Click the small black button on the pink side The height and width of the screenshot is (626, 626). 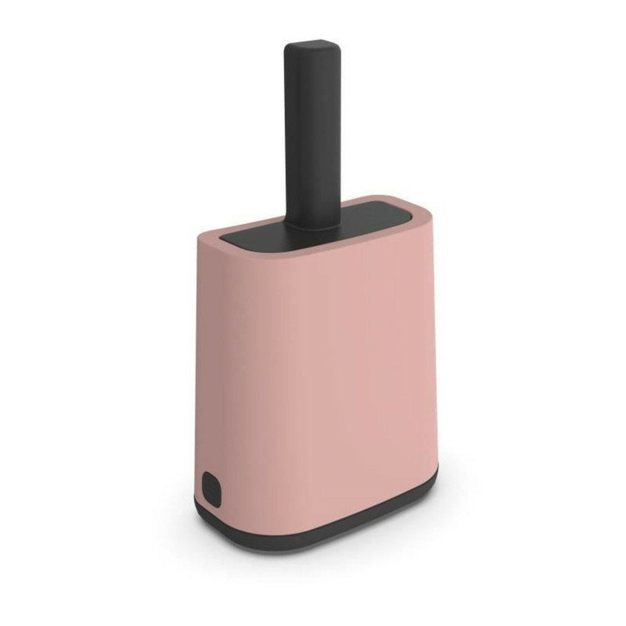(x=211, y=488)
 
